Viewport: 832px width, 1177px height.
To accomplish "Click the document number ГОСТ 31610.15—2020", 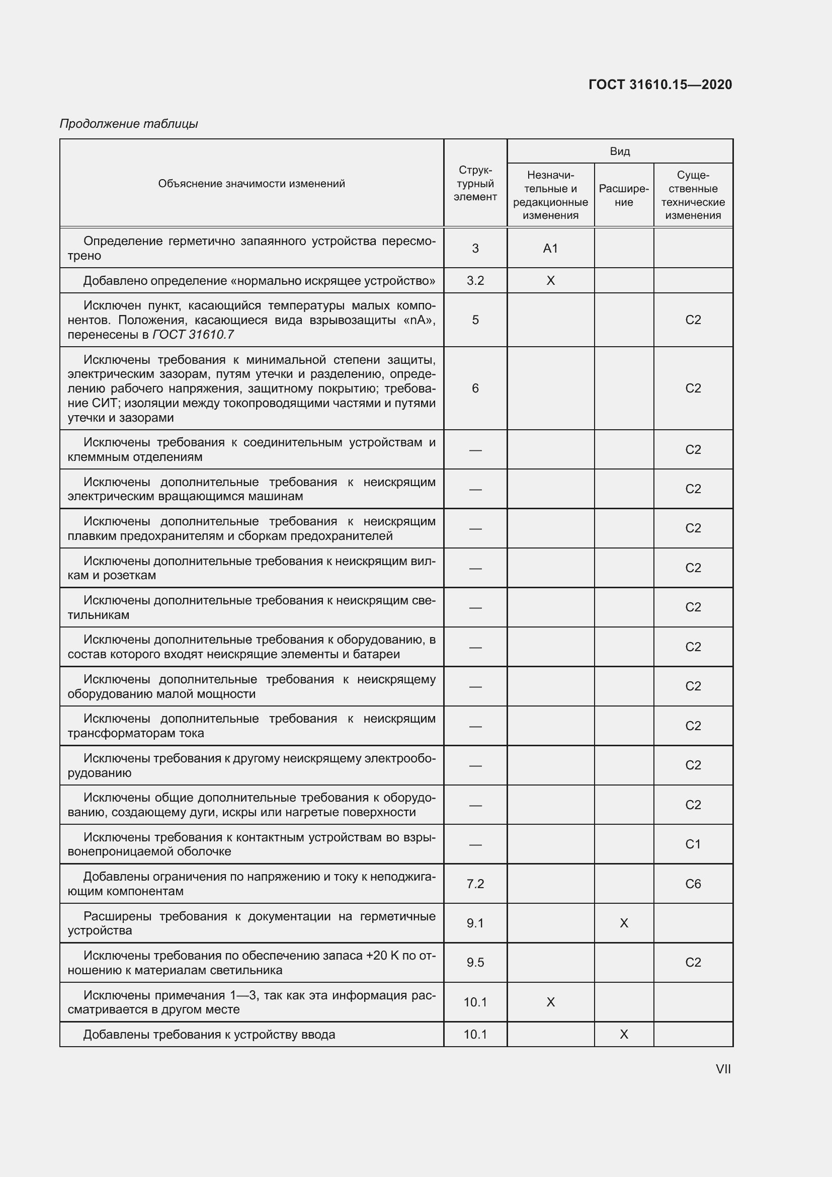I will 660,85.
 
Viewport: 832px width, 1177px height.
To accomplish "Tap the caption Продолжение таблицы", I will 129,124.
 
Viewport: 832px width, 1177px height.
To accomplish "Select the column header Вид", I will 619,151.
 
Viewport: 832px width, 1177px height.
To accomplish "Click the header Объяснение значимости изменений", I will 251,184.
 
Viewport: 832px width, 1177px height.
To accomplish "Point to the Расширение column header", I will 623,195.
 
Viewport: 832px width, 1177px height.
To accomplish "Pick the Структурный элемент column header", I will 475,184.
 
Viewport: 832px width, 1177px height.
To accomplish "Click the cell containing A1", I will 550,249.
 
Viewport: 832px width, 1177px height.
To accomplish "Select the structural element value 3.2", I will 475,280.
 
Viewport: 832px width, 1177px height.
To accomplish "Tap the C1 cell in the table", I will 693,844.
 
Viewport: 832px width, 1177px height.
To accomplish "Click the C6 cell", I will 693,884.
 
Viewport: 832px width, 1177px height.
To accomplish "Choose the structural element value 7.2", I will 475,884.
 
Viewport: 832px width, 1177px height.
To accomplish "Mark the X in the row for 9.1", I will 623,923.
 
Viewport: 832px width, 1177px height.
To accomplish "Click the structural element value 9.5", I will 475,962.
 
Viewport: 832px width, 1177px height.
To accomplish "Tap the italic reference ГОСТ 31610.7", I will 193,335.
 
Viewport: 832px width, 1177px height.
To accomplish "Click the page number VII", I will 723,1069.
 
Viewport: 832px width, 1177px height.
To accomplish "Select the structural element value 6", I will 475,388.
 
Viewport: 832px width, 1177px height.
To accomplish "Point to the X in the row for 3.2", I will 550,280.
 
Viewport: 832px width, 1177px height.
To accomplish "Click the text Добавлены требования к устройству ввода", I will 209,1035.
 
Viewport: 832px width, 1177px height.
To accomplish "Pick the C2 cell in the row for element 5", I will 693,320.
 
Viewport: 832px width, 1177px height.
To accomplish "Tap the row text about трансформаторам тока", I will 251,726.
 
